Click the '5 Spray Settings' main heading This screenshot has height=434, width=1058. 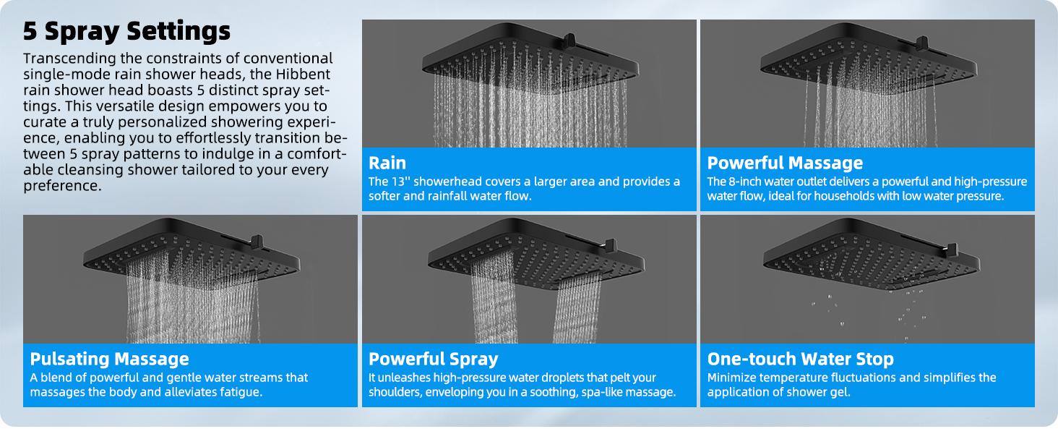click(126, 31)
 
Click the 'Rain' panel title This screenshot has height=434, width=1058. click(387, 163)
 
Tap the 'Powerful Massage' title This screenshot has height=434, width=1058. click(785, 163)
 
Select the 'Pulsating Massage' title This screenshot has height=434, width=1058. click(109, 359)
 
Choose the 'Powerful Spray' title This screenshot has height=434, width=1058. click(433, 359)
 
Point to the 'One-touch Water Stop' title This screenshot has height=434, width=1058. click(800, 359)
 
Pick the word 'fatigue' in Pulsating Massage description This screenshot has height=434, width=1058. click(238, 392)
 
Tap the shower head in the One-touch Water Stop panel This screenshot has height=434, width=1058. click(867, 257)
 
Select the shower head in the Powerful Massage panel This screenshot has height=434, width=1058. click(867, 61)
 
